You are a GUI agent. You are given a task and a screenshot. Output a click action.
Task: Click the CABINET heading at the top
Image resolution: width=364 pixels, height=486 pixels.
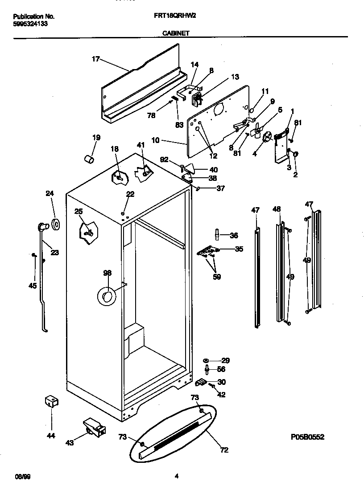click(175, 33)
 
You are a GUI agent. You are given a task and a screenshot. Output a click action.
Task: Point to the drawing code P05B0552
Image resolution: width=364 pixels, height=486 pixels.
click(307, 437)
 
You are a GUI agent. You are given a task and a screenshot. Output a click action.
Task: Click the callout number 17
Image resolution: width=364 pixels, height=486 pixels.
click(95, 59)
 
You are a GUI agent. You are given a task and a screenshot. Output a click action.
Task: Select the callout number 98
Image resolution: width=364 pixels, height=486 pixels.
click(107, 273)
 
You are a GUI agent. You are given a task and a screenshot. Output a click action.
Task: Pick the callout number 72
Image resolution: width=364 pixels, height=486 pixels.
click(224, 450)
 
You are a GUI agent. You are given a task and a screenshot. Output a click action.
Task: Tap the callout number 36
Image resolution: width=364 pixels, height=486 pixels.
click(234, 236)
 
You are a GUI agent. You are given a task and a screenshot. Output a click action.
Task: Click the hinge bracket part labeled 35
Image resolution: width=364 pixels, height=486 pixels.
click(207, 252)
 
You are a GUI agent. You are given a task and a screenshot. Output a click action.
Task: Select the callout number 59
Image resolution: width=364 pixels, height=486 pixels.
click(216, 277)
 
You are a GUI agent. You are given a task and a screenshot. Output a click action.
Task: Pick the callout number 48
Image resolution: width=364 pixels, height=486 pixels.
click(277, 209)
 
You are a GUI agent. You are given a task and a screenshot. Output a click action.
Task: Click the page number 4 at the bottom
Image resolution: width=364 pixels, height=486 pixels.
click(177, 476)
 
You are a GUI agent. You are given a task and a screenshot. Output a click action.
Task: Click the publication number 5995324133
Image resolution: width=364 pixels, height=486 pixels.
click(29, 24)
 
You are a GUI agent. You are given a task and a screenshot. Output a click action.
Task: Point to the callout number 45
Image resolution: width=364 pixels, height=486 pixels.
click(33, 286)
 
